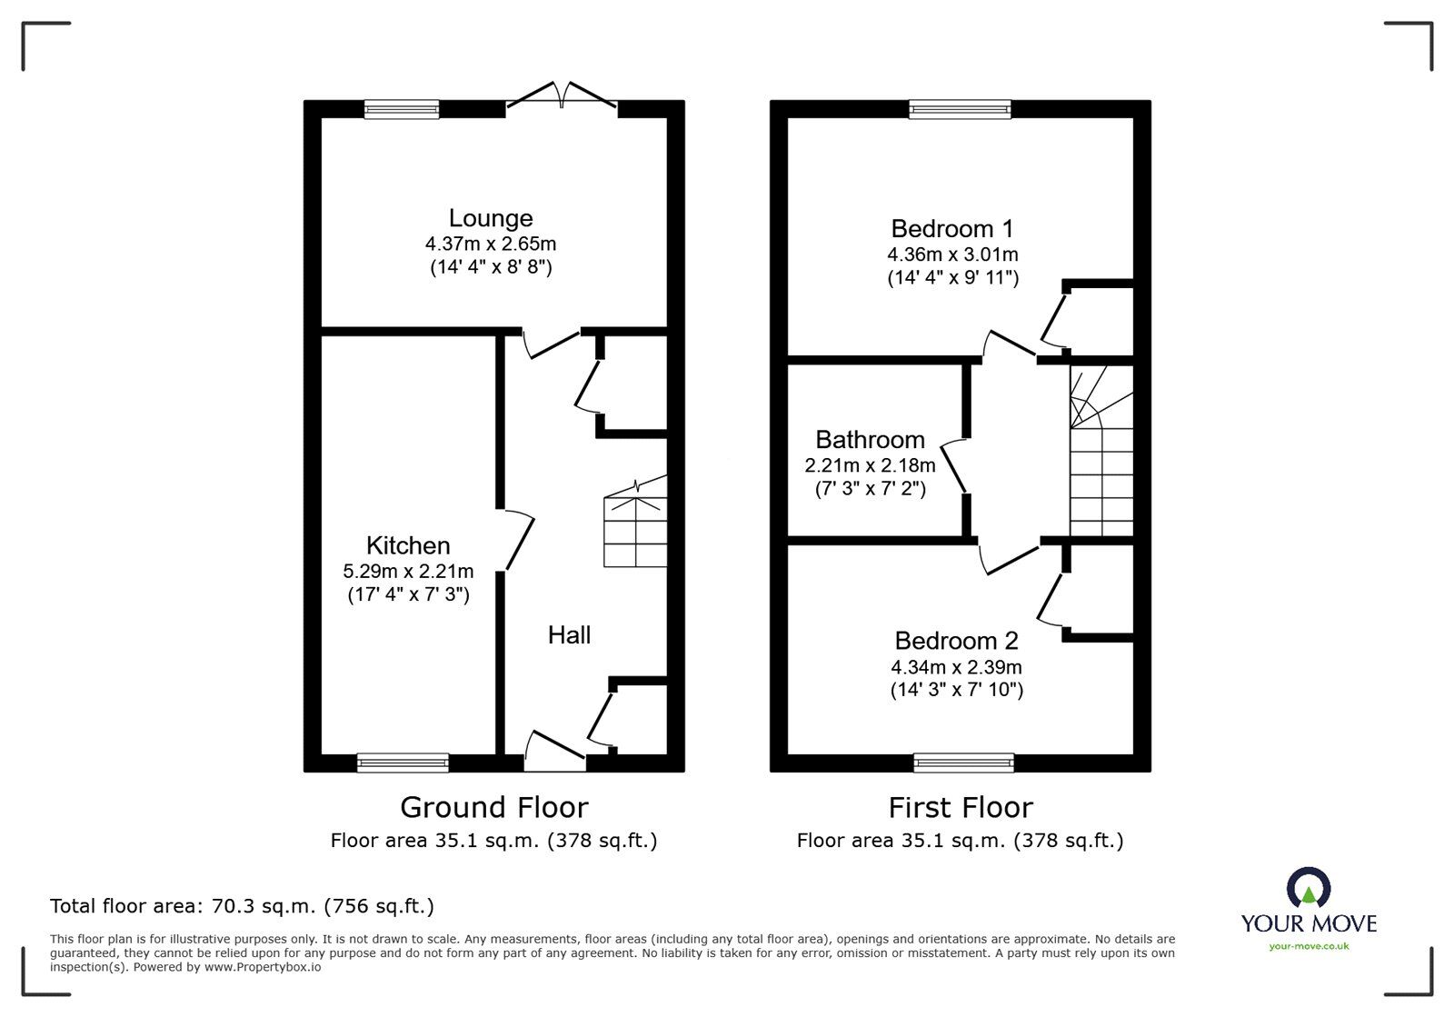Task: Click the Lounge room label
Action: [x=490, y=218]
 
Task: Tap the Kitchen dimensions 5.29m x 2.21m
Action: [x=408, y=572]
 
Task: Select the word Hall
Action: [x=569, y=634]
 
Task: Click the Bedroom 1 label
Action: [x=951, y=228]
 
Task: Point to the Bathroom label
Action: [x=870, y=440]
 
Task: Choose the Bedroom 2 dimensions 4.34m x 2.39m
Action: [x=956, y=667]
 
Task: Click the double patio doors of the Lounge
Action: [x=563, y=96]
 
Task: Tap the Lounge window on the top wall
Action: [x=402, y=109]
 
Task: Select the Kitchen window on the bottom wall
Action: [x=403, y=763]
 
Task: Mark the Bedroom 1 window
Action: [x=961, y=109]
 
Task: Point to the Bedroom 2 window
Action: [x=963, y=763]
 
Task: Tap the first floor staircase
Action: [x=1100, y=454]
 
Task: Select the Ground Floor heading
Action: [x=493, y=807]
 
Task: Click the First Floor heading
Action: [x=960, y=807]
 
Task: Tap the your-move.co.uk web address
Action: [x=1309, y=946]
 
